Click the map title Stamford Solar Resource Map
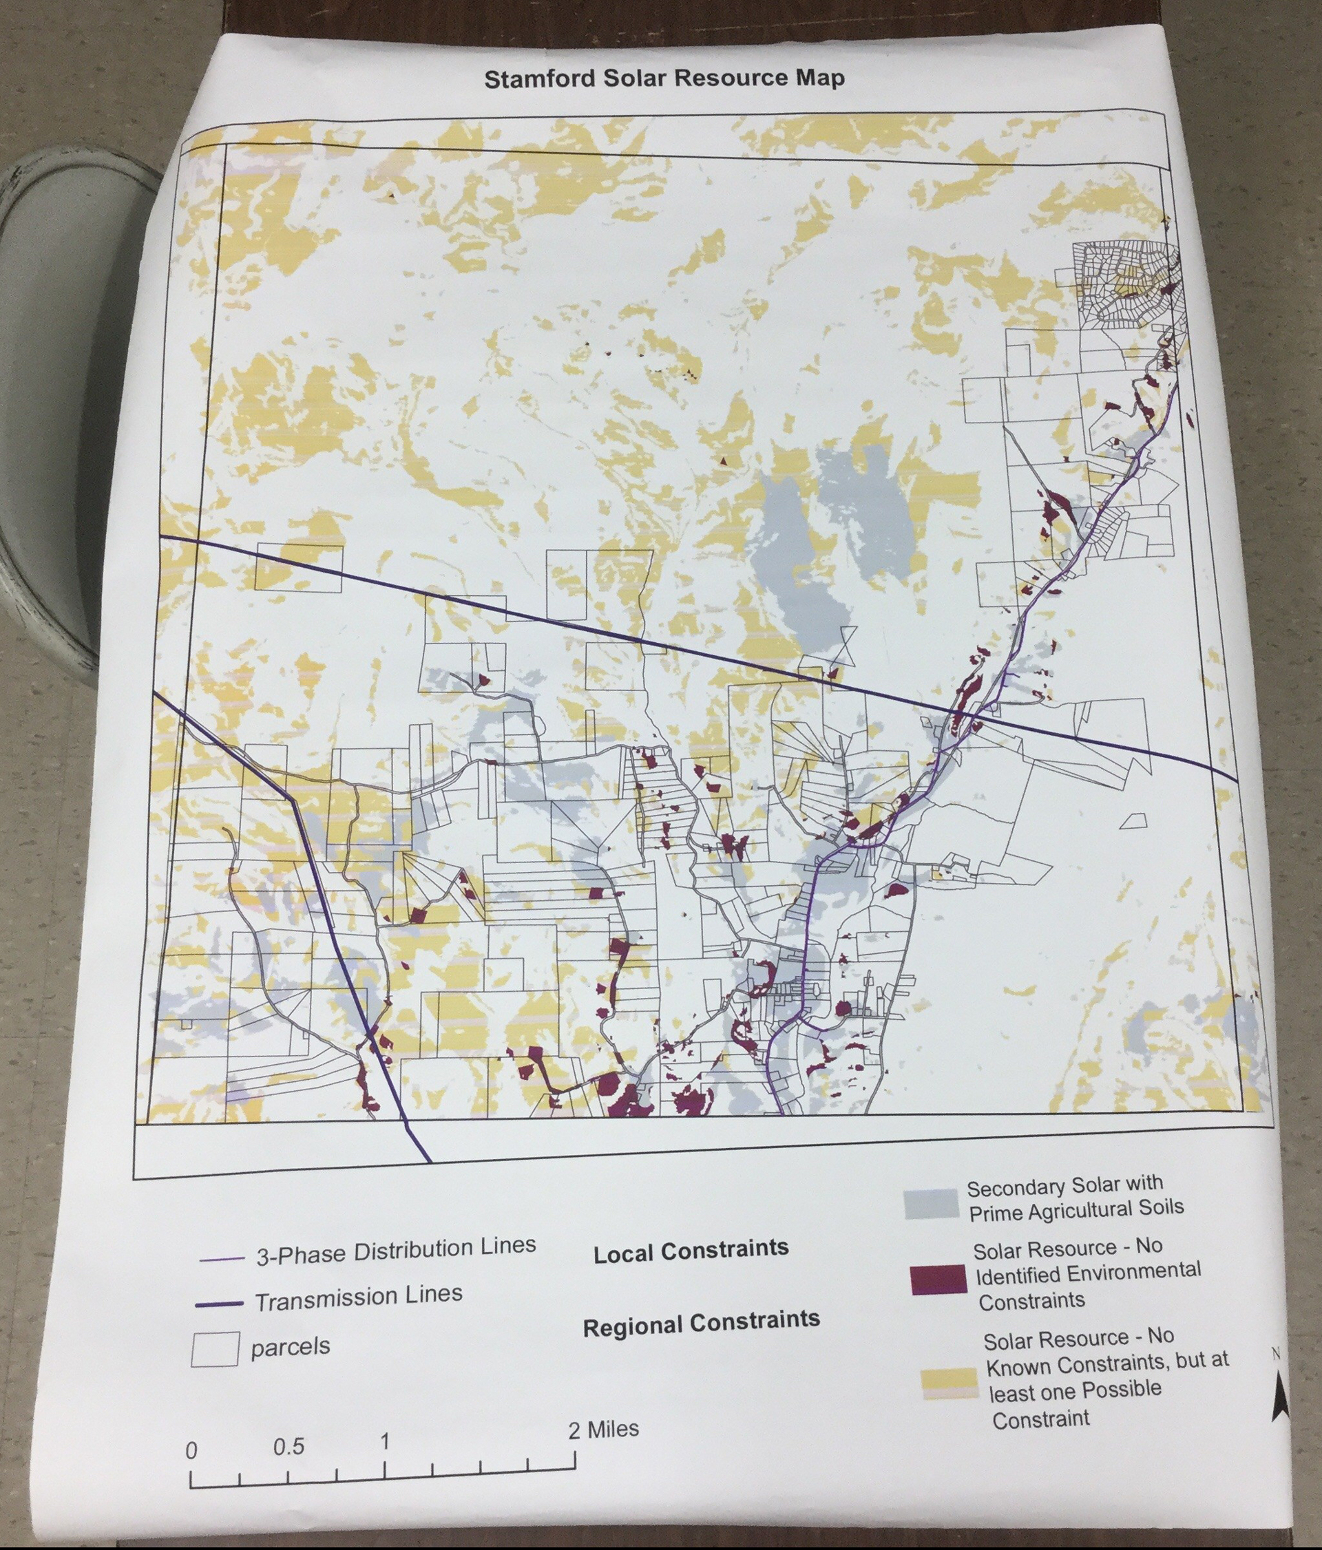(x=664, y=78)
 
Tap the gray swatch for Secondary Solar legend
(x=930, y=1204)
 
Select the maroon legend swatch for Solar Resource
(x=938, y=1280)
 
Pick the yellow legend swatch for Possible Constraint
(x=949, y=1383)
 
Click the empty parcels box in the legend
(x=215, y=1349)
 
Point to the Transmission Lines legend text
(x=358, y=1299)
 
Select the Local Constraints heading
(x=691, y=1251)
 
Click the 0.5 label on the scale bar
(x=288, y=1447)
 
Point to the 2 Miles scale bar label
(x=603, y=1430)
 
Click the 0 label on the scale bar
(x=191, y=1452)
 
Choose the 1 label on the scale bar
(x=385, y=1441)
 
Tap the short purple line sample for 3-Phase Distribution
(x=222, y=1259)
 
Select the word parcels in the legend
(x=291, y=1347)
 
